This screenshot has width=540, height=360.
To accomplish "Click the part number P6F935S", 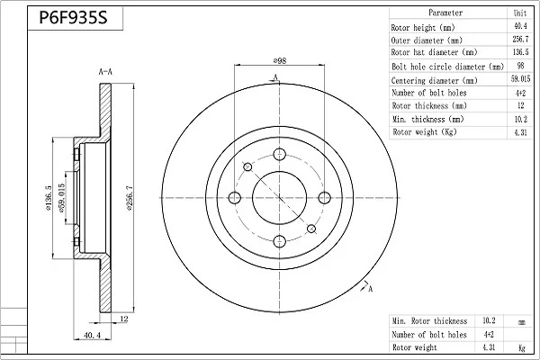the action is click(74, 17).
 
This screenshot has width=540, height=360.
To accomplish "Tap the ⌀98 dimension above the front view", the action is click(280, 60).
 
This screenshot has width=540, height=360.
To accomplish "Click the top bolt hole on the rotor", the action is click(279, 154).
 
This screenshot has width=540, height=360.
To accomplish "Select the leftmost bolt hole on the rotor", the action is click(235, 198).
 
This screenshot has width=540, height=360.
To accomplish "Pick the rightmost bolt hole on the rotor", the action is click(324, 198).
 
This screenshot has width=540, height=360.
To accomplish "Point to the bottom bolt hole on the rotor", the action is click(279, 241).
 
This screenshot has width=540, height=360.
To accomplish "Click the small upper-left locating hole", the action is click(247, 167).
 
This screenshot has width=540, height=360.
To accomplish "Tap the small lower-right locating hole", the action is click(311, 229).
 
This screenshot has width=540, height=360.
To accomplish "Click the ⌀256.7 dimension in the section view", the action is click(130, 198).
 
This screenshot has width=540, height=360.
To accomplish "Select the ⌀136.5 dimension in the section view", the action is click(49, 198).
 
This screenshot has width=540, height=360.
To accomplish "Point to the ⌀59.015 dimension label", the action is click(61, 198).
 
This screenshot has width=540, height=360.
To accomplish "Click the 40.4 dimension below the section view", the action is click(93, 335).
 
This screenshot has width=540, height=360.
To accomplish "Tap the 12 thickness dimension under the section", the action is click(124, 319).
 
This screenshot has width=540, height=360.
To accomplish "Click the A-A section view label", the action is click(105, 72).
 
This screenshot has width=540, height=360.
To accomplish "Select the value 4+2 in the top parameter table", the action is click(520, 93).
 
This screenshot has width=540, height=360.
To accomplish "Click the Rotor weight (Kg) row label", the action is click(424, 132).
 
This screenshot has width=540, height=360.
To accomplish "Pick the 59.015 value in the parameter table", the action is click(520, 79).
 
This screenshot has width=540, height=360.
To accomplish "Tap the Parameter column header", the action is click(445, 13).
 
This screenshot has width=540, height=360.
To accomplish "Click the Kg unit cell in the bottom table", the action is click(522, 347).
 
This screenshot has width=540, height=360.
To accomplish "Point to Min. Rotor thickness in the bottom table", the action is click(429, 321).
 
